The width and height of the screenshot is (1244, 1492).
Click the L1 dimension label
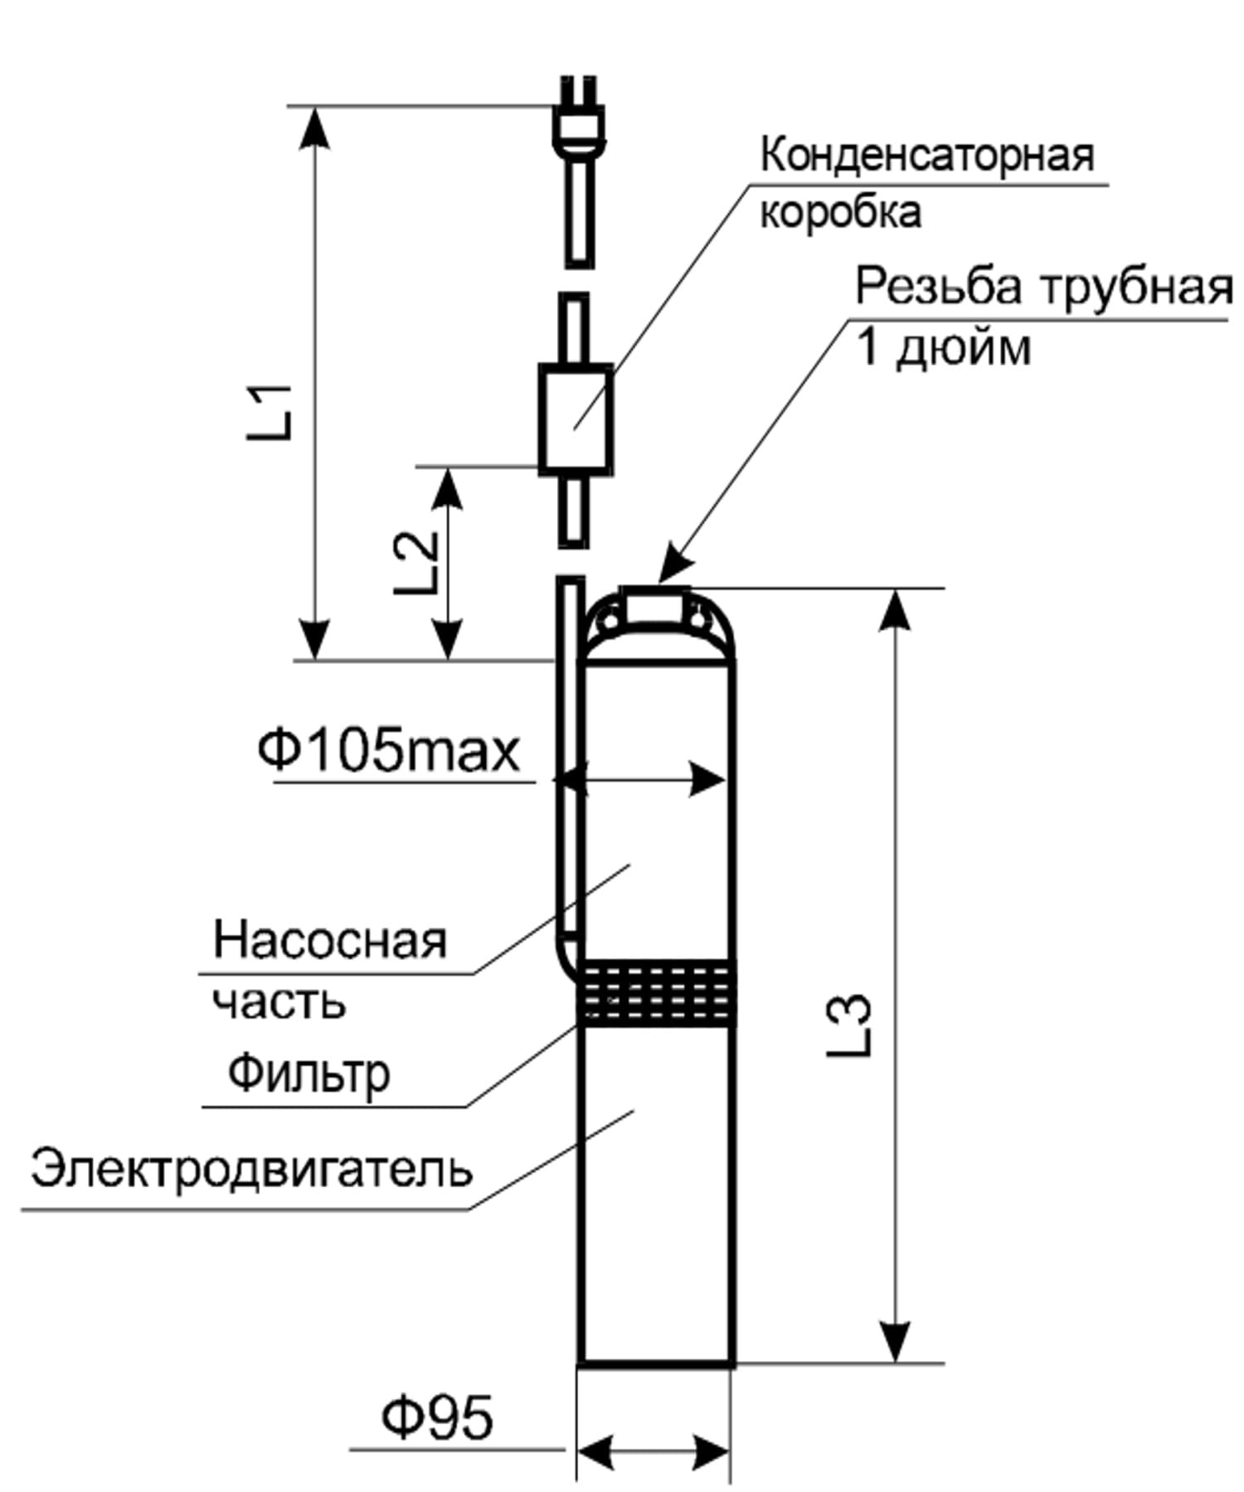click(271, 411)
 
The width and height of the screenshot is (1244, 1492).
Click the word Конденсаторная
click(927, 156)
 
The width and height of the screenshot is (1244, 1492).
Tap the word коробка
click(840, 212)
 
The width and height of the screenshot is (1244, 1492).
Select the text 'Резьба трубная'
click(1044, 288)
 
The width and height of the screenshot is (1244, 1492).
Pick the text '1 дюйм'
click(944, 348)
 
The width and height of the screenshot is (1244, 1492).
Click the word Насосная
click(330, 940)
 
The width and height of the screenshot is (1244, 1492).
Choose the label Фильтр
click(309, 1074)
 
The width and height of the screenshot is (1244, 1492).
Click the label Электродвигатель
click(251, 1170)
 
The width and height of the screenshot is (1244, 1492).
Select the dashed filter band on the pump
click(656, 993)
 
